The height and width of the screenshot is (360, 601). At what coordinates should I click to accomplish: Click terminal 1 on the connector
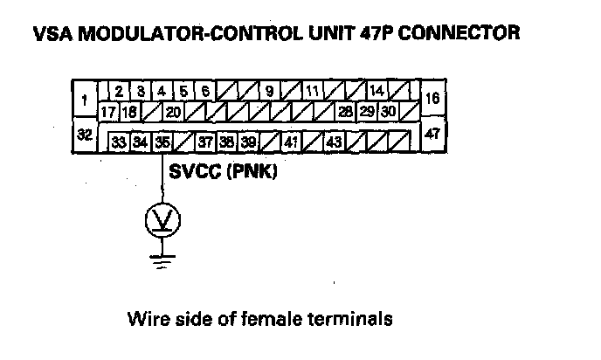[83, 100]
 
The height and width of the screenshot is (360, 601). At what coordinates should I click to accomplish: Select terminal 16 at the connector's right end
[432, 99]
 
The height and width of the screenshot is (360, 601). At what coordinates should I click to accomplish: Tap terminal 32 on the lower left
[85, 135]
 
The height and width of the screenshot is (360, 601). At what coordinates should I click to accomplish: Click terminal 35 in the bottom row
[162, 142]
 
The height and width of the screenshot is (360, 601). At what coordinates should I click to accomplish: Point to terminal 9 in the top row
[270, 90]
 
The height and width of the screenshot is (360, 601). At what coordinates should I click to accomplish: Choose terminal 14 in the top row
[376, 90]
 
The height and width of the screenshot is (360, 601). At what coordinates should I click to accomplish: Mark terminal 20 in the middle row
[173, 112]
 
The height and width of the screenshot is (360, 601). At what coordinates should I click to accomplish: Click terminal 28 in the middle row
[346, 112]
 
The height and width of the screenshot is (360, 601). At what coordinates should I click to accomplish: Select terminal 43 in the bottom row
[334, 142]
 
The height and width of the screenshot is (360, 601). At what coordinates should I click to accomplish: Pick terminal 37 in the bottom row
[206, 142]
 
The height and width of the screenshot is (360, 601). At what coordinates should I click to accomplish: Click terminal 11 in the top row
[313, 90]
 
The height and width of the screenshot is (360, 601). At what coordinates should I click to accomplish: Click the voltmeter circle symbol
[162, 221]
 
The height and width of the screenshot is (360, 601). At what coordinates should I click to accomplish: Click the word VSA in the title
[49, 34]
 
